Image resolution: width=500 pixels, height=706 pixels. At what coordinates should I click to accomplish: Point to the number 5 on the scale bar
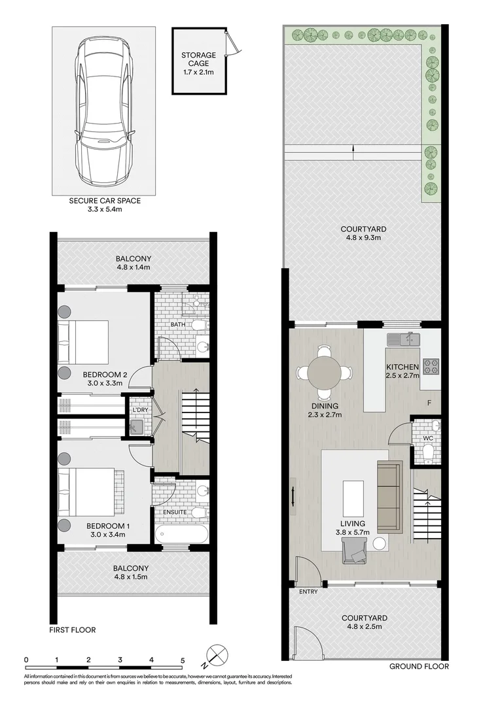183,660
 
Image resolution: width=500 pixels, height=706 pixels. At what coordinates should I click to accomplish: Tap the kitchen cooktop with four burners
431,367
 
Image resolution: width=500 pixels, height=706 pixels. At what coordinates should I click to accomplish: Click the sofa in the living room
389,495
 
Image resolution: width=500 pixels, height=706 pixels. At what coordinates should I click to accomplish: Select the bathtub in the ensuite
181,533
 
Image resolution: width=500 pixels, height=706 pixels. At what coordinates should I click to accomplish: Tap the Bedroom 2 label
105,375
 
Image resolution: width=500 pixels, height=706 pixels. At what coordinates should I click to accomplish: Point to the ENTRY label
308,592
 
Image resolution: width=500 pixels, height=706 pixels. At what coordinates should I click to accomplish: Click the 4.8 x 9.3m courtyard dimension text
363,239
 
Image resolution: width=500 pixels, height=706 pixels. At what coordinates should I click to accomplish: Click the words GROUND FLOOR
419,666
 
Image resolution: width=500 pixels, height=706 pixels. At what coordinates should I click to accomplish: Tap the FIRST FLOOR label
73,630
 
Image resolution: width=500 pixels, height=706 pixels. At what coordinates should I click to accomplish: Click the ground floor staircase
426,516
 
